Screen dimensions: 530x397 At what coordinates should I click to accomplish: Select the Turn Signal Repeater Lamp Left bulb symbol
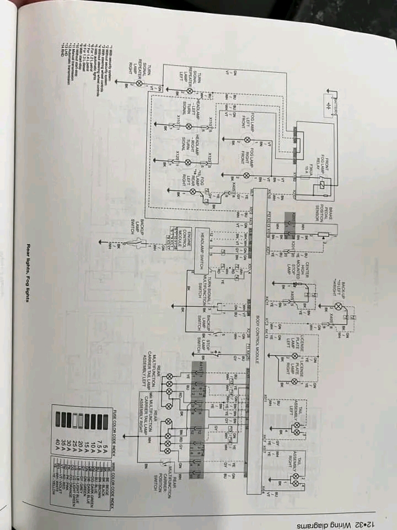189,90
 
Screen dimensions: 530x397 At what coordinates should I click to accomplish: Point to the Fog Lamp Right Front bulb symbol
246,176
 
